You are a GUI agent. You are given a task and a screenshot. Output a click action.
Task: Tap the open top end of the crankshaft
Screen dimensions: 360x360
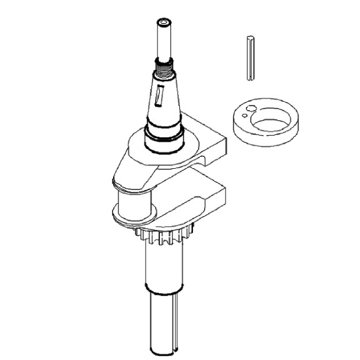[x=163, y=22]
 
